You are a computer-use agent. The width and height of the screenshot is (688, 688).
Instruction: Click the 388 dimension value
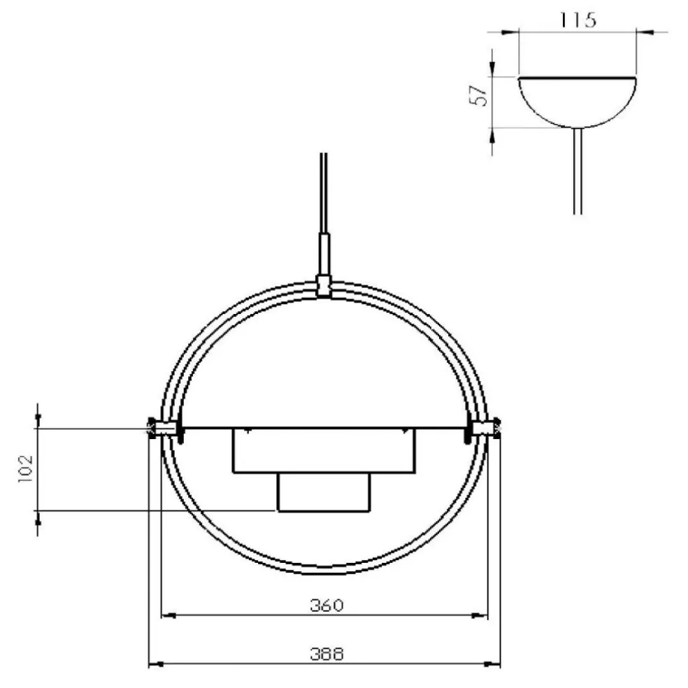pos(327,654)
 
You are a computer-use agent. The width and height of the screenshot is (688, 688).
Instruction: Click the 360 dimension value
pos(327,605)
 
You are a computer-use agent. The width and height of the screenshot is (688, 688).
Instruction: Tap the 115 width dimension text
pos(578,20)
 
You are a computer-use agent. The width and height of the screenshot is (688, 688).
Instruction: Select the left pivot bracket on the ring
pos(164,427)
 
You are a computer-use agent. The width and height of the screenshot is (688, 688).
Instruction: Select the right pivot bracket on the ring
pos(482,427)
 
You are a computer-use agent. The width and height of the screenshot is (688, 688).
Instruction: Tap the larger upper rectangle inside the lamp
pos(323,450)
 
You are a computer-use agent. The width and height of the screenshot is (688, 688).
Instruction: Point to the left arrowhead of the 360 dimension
pos(167,616)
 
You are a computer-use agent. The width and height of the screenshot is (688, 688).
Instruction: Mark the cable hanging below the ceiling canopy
pos(577,171)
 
